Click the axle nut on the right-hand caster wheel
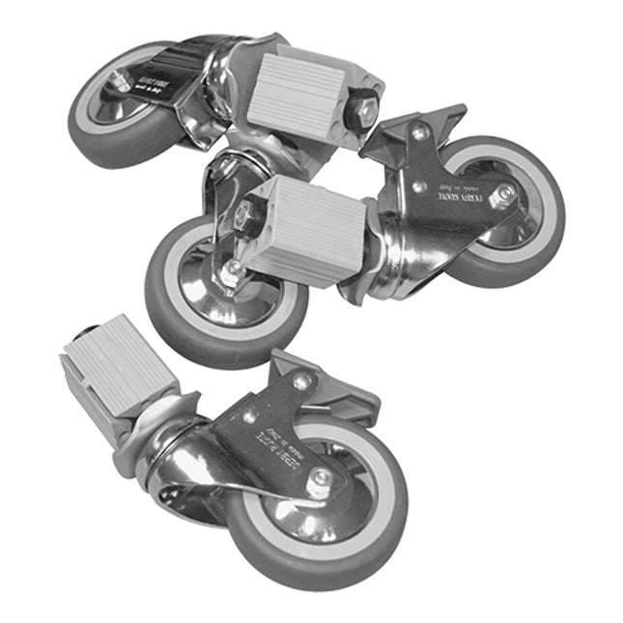(504, 197)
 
